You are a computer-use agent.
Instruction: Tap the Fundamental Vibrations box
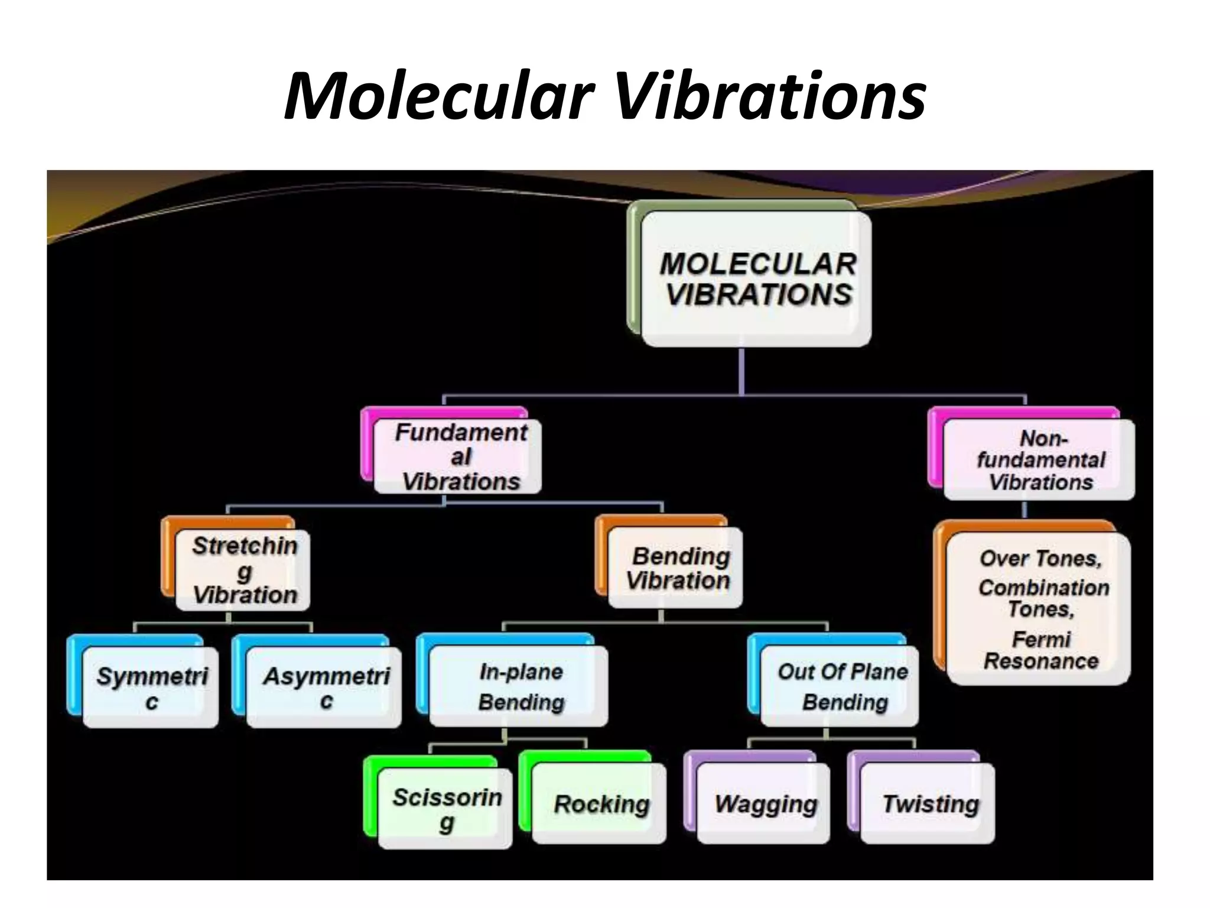tap(457, 456)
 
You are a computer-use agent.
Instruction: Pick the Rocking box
tap(599, 804)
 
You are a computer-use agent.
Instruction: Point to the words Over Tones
tap(1040, 558)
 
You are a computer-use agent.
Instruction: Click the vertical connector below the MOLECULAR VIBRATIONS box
tap(741, 371)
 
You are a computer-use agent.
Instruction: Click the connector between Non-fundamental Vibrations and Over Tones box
tap(1024, 510)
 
